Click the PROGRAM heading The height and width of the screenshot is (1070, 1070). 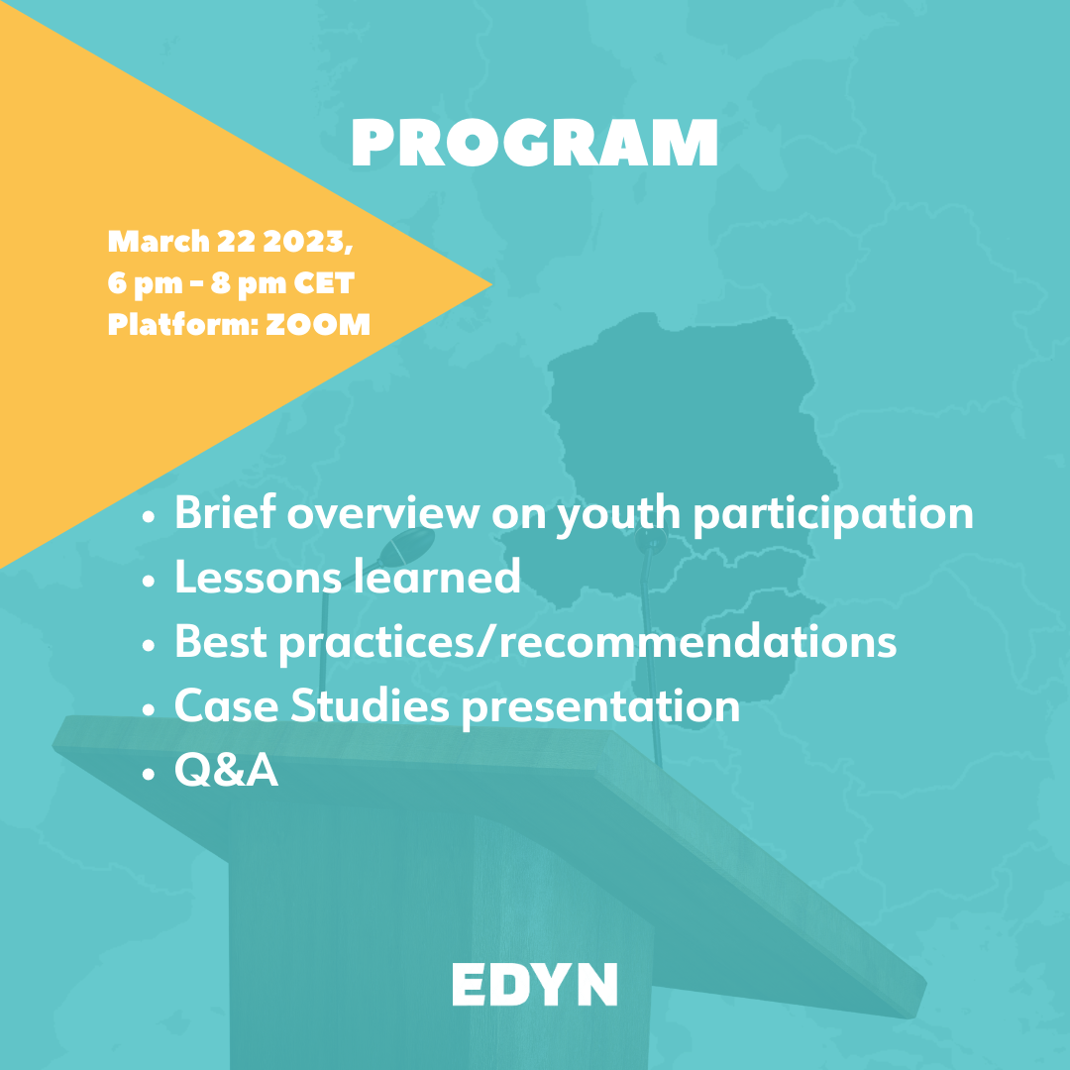click(534, 143)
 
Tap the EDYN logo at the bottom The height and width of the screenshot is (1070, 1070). click(534, 984)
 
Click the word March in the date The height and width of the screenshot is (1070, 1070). click(159, 242)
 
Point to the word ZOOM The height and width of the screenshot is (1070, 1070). click(317, 325)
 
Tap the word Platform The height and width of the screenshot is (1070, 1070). click(181, 325)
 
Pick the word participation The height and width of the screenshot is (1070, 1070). click(833, 516)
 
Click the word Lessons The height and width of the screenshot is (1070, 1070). click(258, 577)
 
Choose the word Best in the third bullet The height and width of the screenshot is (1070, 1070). click(220, 641)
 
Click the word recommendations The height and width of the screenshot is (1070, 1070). click(698, 641)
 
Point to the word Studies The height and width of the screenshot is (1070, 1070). click(370, 705)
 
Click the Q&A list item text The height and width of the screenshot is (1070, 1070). click(227, 771)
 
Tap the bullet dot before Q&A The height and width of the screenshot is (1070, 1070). click(149, 774)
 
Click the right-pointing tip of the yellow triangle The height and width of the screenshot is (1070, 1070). click(492, 284)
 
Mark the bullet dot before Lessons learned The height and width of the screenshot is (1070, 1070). click(149, 581)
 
